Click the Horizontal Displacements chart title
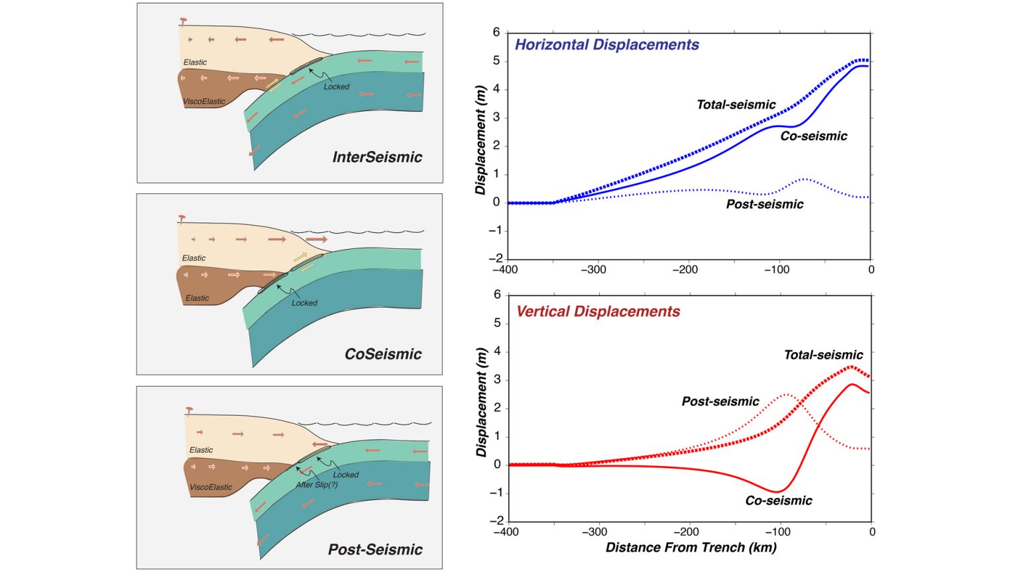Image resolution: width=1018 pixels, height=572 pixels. coord(606,45)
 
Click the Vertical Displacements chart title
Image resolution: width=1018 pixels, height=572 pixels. coord(598,312)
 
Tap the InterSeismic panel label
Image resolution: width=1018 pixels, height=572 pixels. coord(377,158)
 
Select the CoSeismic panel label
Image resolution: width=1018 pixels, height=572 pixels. coord(383,354)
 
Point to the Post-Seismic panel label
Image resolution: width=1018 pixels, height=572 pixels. coord(375,549)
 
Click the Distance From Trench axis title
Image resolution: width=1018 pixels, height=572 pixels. coord(691,548)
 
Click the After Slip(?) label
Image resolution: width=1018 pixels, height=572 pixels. coord(317,485)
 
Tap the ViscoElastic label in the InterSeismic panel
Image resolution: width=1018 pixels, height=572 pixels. coord(204,102)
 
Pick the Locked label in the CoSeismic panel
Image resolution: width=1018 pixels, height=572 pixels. coord(304,303)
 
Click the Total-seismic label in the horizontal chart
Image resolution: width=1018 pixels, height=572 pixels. coord(736,105)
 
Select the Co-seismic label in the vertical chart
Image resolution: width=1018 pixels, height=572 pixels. coord(779,501)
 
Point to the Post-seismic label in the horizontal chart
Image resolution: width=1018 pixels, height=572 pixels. coord(765,205)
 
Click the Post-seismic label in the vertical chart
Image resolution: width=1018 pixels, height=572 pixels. coord(720,402)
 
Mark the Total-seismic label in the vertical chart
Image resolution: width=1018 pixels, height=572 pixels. coord(823,356)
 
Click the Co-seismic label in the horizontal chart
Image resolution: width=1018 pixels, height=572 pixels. coord(814,136)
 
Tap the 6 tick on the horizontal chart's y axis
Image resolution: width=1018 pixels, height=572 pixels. coord(496,32)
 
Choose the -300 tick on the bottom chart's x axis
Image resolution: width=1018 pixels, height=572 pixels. coord(594,532)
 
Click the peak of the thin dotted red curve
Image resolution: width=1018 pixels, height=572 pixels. coord(786,395)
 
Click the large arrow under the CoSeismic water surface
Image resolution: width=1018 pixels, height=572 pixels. coord(317,239)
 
